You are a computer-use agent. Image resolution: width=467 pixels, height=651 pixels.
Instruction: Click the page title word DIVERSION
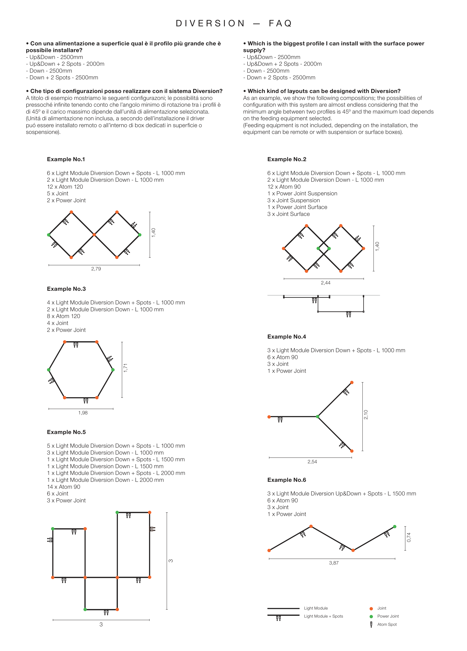click(x=210, y=23)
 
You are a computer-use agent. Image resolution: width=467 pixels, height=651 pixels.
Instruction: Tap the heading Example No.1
click(x=66, y=159)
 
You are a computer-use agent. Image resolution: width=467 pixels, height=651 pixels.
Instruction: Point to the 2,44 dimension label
click(x=325, y=283)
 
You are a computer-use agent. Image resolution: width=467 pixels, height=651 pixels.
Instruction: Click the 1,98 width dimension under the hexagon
click(x=83, y=413)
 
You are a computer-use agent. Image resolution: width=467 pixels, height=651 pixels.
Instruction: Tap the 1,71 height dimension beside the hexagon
click(x=125, y=368)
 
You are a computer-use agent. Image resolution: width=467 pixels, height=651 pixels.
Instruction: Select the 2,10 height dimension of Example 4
click(x=366, y=414)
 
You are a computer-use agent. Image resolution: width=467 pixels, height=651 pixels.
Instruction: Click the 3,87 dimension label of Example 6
click(x=334, y=563)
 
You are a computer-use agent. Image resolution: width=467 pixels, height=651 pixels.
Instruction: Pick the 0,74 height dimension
click(x=409, y=537)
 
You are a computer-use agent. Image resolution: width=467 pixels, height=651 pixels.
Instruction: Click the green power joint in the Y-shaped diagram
click(x=317, y=416)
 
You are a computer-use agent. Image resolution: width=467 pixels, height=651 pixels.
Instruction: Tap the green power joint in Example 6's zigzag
click(x=395, y=527)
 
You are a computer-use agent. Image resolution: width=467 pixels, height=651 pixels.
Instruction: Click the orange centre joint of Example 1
click(x=94, y=235)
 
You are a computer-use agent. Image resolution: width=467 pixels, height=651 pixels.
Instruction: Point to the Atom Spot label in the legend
click(x=387, y=624)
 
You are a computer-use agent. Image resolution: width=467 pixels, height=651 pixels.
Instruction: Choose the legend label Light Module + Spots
click(x=324, y=616)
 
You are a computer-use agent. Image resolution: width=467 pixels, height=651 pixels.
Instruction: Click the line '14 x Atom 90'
click(x=64, y=487)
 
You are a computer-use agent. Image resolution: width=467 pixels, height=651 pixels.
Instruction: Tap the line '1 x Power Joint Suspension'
click(x=302, y=193)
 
